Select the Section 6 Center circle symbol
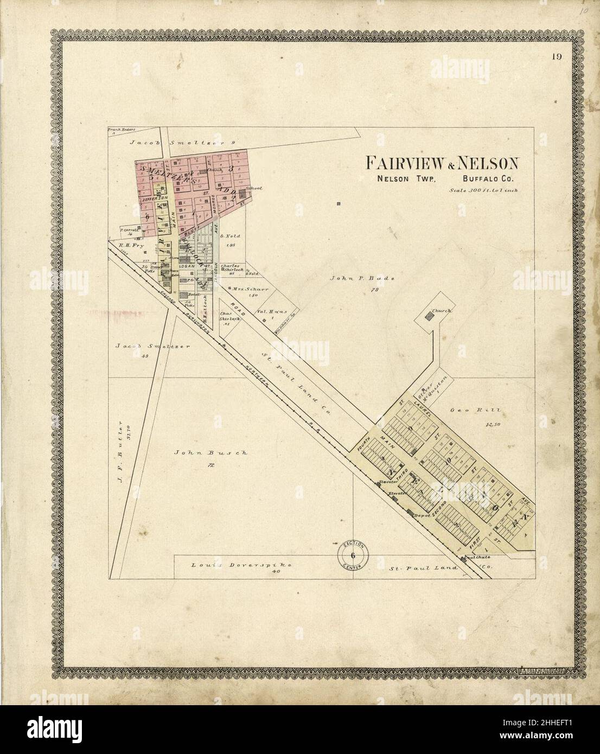(x=353, y=555)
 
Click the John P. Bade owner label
(x=362, y=278)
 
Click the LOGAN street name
(x=187, y=266)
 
